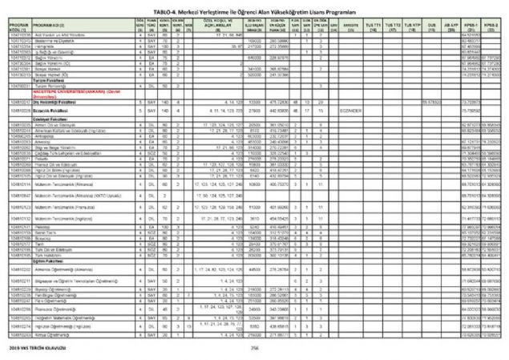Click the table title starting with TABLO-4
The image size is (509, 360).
click(x=254, y=5)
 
